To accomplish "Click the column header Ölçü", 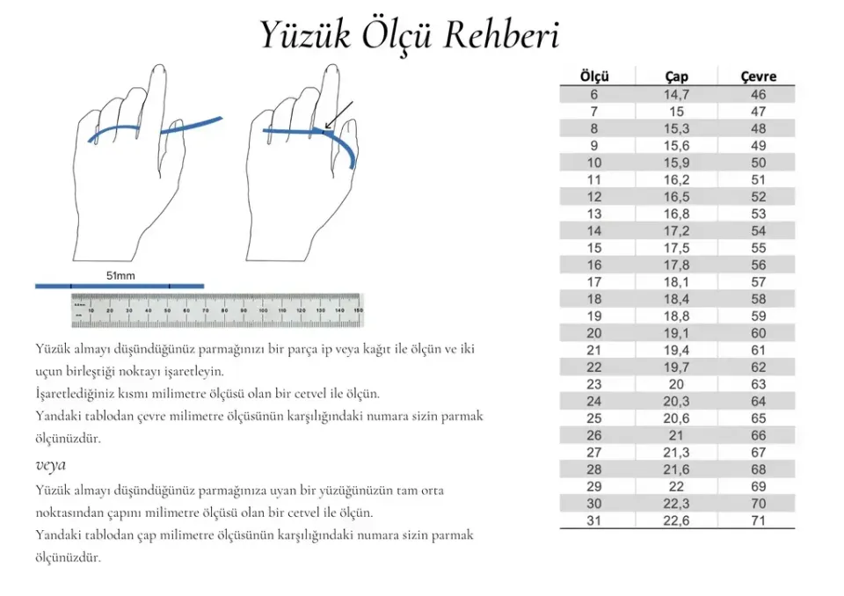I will (x=594, y=76).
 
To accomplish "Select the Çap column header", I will (x=676, y=76).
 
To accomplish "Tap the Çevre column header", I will (x=758, y=76).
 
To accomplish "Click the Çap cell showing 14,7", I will (x=676, y=94).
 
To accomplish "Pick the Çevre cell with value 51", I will (x=758, y=179).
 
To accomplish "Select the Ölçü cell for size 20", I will (x=594, y=333).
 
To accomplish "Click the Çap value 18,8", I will (x=676, y=316).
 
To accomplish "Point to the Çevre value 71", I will (x=758, y=520).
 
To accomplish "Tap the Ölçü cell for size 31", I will (x=594, y=520).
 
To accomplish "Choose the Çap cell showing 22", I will (x=676, y=486).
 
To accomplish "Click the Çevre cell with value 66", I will (x=758, y=435).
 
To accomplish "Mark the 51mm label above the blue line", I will (x=120, y=275).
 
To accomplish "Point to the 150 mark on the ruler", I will (x=356, y=309).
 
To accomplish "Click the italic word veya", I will (x=51, y=464).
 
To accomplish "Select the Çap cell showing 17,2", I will (x=676, y=230).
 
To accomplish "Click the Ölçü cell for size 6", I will (x=594, y=94).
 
